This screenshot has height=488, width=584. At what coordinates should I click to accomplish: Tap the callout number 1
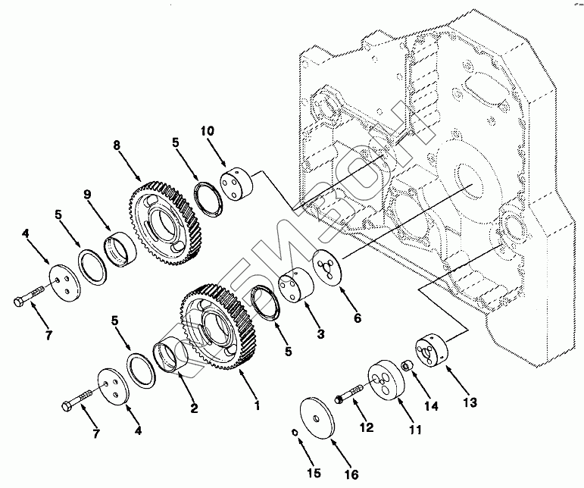[x=258, y=405]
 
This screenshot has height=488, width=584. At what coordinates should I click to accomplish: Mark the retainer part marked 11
[x=383, y=380]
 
